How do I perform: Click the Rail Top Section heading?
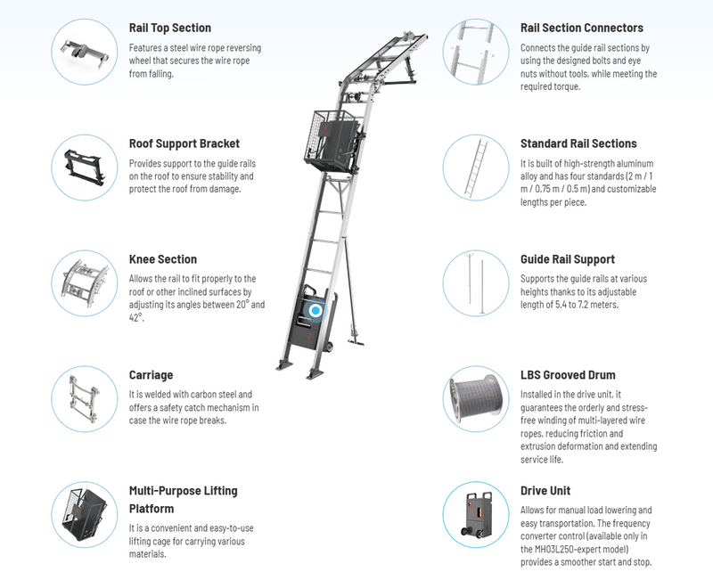coord(169,28)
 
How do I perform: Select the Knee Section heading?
coord(163,259)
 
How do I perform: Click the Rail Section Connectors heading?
coord(581,28)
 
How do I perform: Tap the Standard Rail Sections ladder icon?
coord(478,166)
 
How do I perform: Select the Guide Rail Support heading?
coord(568,259)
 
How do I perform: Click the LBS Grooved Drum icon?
coord(478,397)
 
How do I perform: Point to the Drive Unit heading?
coord(545,491)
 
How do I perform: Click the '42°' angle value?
coord(135,316)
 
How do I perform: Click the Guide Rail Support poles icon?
coord(478,282)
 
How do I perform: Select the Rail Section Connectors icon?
coord(478,50)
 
